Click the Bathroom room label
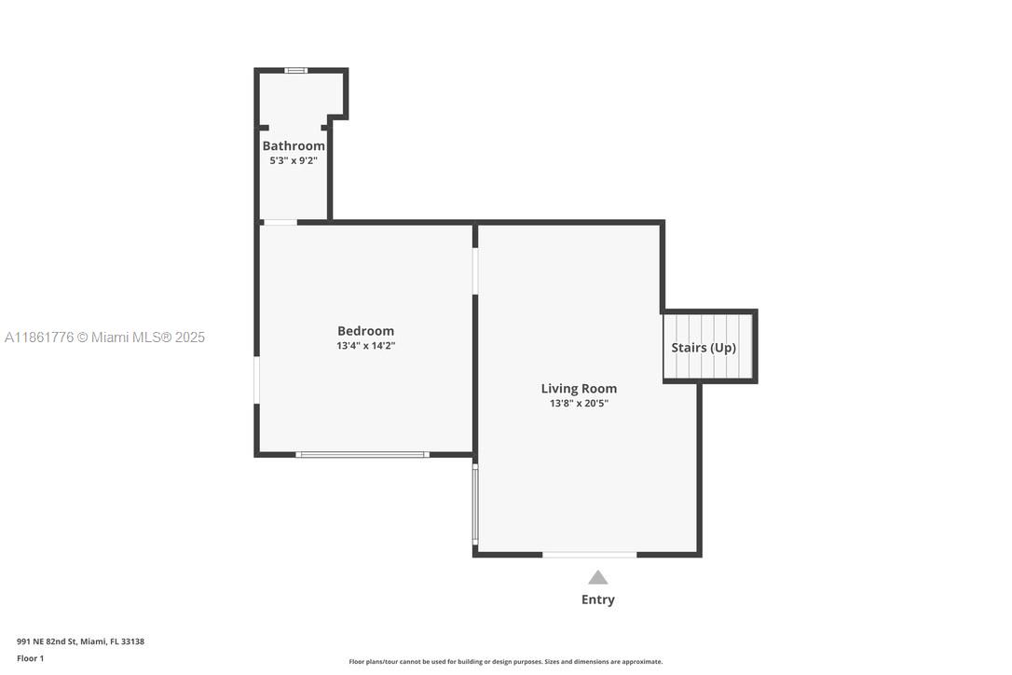(x=294, y=145)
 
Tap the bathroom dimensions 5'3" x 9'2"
(x=294, y=160)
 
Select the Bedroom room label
(x=365, y=331)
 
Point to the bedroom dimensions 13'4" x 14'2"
(x=365, y=346)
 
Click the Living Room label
(x=579, y=389)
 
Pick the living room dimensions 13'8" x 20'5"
(x=579, y=404)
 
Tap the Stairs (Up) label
(x=704, y=348)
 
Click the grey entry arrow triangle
(x=597, y=578)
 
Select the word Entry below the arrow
(x=597, y=599)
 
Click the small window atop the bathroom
(x=295, y=70)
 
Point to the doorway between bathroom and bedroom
(x=280, y=222)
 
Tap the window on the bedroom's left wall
(x=257, y=380)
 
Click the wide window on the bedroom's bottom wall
(x=362, y=454)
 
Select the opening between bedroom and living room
(x=475, y=271)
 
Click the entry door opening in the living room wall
(x=589, y=555)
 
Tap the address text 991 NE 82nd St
(x=80, y=641)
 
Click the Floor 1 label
(x=30, y=658)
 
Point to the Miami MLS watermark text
(x=104, y=337)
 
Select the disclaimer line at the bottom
(x=505, y=662)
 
